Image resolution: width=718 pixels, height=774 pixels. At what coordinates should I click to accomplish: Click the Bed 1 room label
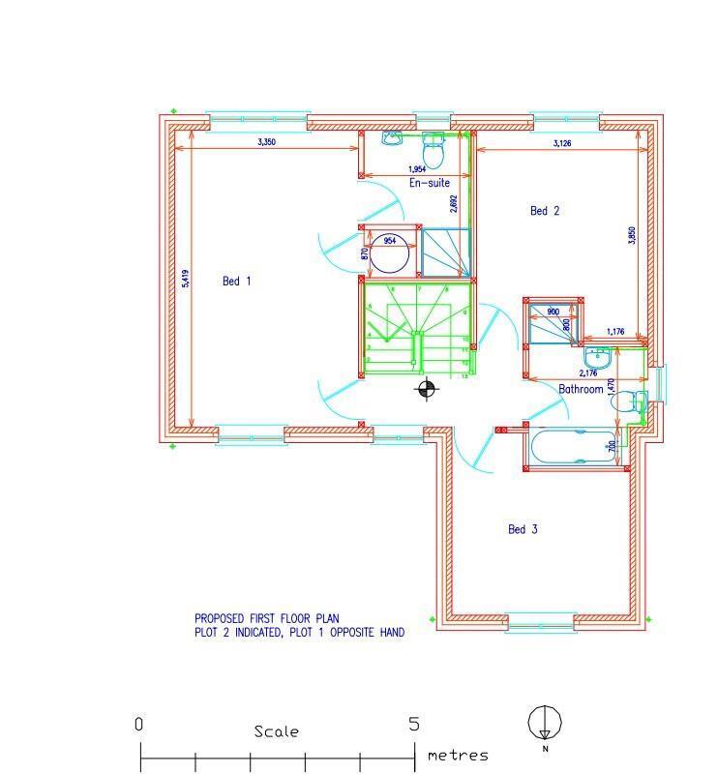[x=237, y=282]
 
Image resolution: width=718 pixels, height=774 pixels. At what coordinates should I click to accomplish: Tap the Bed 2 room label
[x=545, y=210]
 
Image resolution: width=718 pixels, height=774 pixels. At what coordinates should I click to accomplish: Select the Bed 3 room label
[x=523, y=529]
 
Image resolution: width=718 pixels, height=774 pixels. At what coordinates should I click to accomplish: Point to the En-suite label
[x=430, y=182]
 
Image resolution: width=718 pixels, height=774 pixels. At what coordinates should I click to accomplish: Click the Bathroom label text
[x=581, y=389]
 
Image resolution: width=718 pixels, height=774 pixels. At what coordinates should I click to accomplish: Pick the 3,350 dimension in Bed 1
[x=267, y=142]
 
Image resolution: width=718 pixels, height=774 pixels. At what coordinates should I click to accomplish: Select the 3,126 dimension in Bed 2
[x=561, y=143]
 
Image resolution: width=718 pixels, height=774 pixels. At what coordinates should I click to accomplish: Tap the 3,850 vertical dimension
[x=632, y=236]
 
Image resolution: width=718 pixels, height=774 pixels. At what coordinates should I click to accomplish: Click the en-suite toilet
[x=433, y=150]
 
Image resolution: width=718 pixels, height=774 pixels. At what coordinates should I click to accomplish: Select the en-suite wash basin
[x=393, y=139]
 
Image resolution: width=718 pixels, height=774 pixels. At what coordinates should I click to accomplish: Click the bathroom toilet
[x=627, y=399]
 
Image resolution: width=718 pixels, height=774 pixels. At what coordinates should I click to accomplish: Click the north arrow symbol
[x=545, y=724]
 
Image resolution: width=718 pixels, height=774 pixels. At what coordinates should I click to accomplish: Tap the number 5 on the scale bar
[x=414, y=725]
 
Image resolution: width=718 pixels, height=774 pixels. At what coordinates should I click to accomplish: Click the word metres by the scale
[x=458, y=756]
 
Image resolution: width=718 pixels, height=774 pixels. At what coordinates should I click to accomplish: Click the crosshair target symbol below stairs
[x=426, y=389]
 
